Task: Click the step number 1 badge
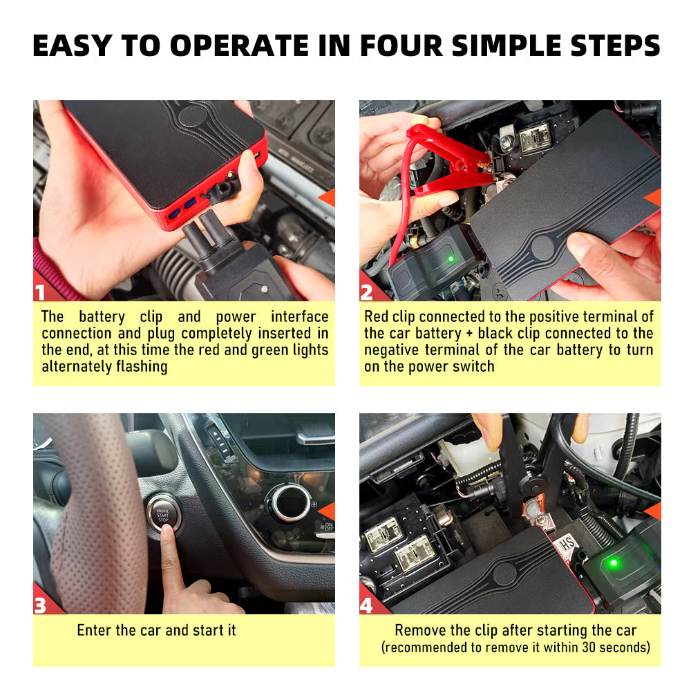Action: coord(40,292)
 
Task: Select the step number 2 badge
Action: coord(367,292)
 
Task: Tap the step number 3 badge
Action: coord(40,605)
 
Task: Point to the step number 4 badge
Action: coord(367,605)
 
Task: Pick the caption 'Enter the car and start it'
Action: coord(156,630)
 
